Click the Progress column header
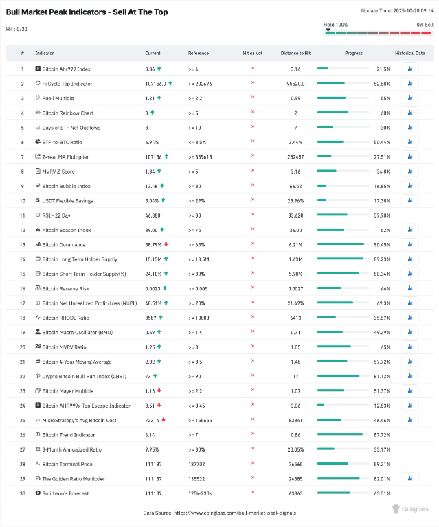point(354,53)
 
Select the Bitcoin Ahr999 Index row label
point(66,69)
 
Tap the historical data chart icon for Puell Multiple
point(409,98)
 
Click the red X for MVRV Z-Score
point(252,172)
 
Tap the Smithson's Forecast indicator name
point(66,493)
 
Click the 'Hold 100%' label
point(336,24)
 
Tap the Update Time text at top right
point(396,10)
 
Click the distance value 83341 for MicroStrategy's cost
point(295,420)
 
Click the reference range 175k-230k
point(201,493)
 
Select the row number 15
point(22,274)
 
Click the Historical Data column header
point(409,53)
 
